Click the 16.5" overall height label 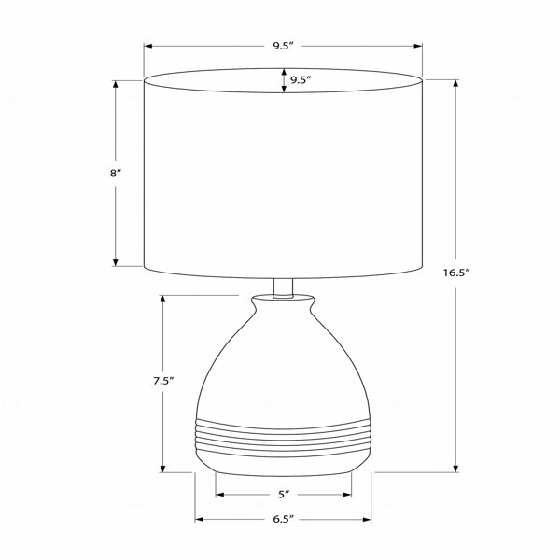[455, 273]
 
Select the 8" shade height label [115, 174]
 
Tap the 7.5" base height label [163, 381]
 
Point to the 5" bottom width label [283, 495]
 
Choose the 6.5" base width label [283, 519]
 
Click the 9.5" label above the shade [283, 46]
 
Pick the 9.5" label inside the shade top [301, 79]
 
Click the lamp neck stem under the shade [283, 287]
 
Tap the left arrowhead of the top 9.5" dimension [147, 46]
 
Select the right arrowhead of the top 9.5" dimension [418, 46]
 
